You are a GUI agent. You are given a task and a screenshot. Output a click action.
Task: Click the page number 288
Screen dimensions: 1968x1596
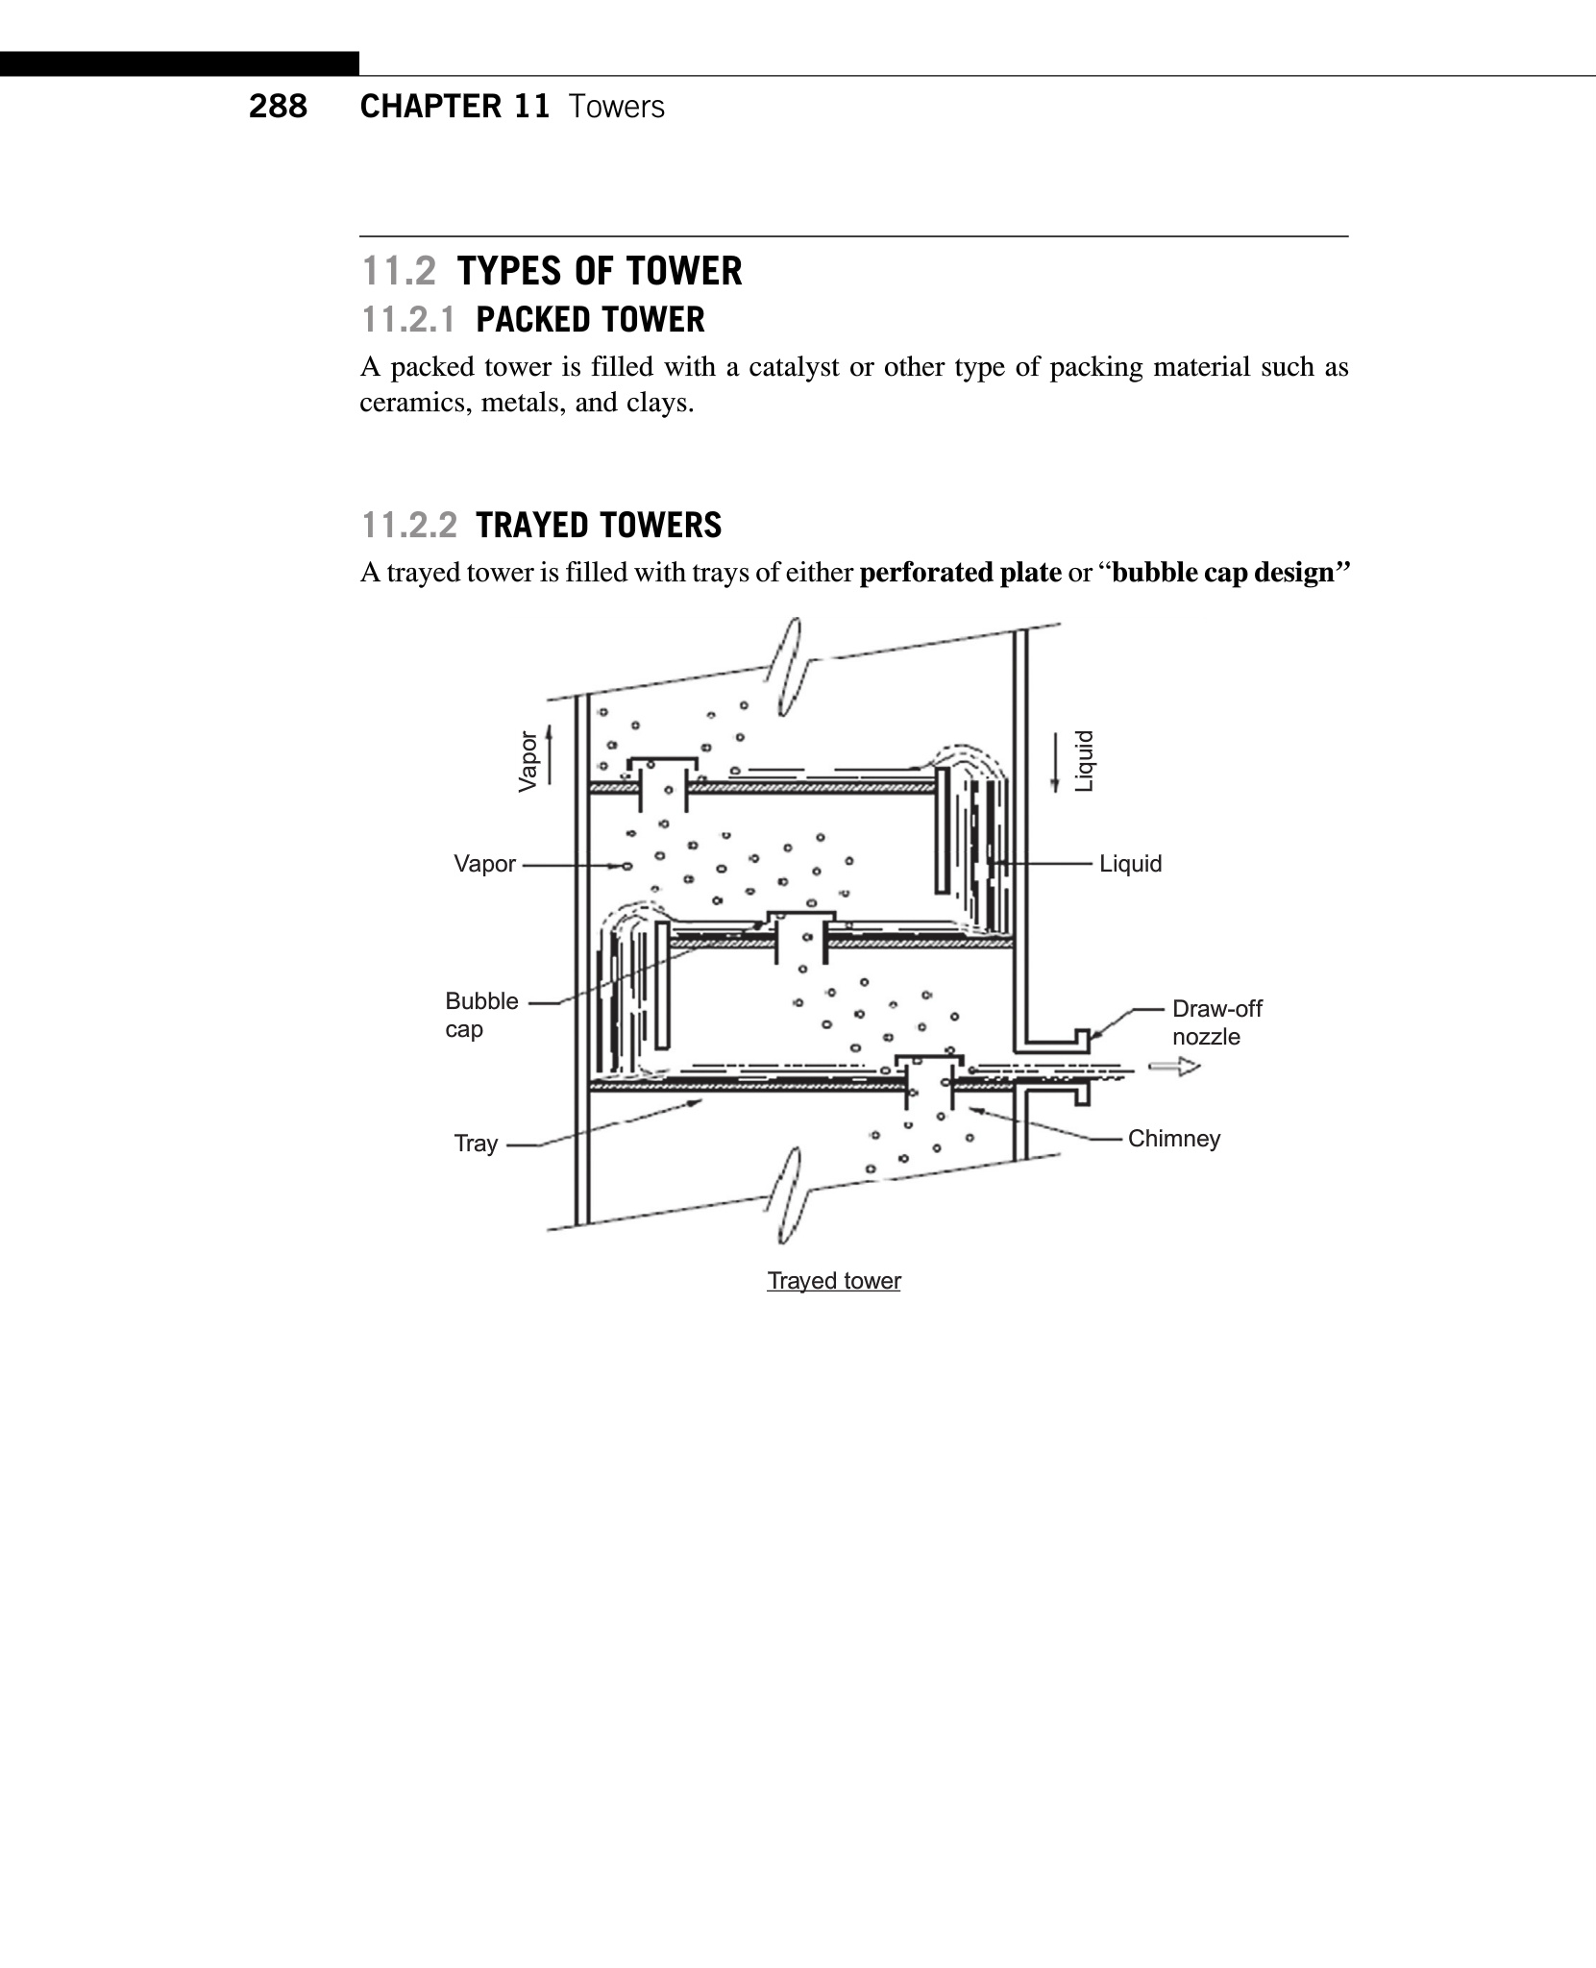(278, 106)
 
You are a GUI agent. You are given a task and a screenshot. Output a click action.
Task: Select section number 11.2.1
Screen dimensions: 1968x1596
(408, 320)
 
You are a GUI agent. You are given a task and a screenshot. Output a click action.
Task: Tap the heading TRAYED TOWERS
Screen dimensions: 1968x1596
(598, 526)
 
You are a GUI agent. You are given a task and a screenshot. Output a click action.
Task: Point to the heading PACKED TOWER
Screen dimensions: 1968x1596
(590, 320)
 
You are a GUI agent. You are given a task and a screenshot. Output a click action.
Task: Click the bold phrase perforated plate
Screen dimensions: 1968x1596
(960, 573)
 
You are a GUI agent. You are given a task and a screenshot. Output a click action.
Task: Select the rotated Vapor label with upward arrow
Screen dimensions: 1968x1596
(528, 761)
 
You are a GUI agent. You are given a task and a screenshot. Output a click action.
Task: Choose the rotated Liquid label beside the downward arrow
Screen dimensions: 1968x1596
(1084, 761)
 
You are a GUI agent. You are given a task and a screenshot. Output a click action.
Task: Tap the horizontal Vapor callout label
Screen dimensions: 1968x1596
(484, 864)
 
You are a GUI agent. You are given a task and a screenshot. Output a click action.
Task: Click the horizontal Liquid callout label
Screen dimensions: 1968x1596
(1130, 864)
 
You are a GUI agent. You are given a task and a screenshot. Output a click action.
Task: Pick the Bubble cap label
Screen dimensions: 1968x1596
(481, 1015)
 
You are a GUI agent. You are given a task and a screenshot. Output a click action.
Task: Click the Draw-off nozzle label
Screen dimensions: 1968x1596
(1216, 1022)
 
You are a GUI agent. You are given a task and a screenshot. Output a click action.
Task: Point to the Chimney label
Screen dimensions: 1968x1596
(1173, 1139)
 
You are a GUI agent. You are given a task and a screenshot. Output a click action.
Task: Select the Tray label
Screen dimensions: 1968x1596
(476, 1144)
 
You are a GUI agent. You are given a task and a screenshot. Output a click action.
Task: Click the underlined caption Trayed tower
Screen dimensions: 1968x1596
(834, 1281)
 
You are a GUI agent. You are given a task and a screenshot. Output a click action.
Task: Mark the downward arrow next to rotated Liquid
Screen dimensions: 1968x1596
(1055, 762)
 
